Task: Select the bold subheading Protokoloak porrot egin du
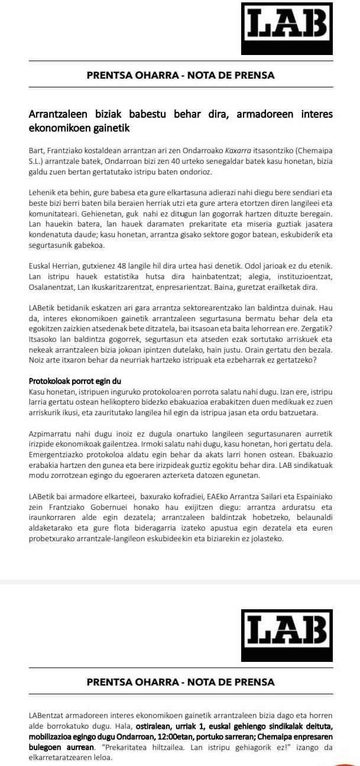(x=74, y=380)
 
